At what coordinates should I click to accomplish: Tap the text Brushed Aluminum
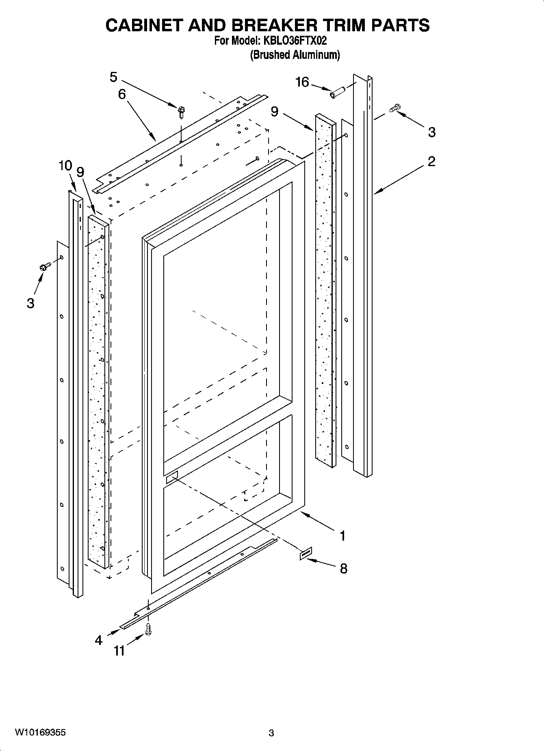[295, 54]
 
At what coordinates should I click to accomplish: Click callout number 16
[303, 82]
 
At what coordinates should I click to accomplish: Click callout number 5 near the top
[113, 77]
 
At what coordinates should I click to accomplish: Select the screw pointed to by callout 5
[181, 111]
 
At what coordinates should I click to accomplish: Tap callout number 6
[122, 94]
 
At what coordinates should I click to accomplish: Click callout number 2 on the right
[431, 161]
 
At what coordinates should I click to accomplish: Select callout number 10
[65, 166]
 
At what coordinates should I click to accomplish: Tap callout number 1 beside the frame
[342, 536]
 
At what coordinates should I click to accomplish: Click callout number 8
[343, 569]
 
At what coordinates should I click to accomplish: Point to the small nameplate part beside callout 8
[306, 553]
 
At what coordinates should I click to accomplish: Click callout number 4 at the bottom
[99, 641]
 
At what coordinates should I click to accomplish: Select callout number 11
[119, 651]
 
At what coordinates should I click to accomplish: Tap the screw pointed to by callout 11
[148, 630]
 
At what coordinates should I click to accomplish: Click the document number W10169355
[40, 732]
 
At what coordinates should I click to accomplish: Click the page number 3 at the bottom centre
[271, 733]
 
